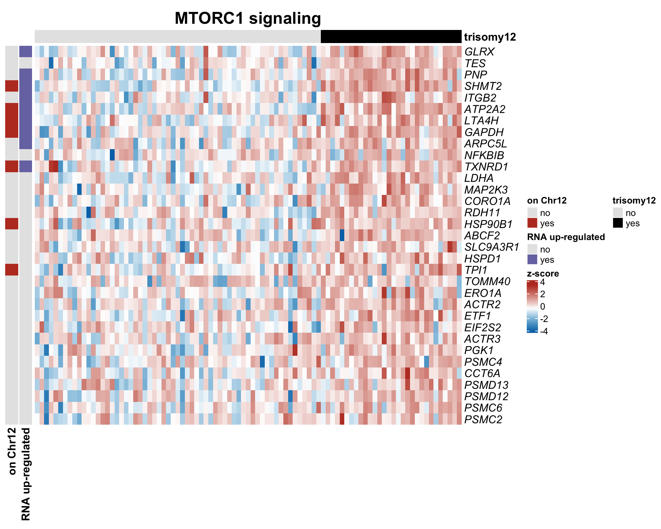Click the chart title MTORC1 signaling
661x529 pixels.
248,18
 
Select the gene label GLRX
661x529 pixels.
479,52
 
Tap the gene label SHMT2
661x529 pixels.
483,86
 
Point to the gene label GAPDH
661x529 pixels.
484,132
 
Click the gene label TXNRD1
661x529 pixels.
486,167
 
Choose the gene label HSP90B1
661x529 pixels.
488,224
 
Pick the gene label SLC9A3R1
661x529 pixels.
492,247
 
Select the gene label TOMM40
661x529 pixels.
487,281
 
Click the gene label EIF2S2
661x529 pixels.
483,328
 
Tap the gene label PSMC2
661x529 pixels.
483,419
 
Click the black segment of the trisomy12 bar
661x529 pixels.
391,37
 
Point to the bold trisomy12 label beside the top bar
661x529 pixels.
490,37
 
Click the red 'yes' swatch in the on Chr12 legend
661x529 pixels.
532,223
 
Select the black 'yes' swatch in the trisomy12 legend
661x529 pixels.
618,223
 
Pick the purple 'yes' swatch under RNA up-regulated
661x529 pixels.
532,259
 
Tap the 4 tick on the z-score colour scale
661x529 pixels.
543,282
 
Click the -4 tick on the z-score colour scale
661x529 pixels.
544,331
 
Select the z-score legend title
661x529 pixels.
543,273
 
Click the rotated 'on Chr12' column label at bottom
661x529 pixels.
12,451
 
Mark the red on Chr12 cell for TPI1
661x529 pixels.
12,270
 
